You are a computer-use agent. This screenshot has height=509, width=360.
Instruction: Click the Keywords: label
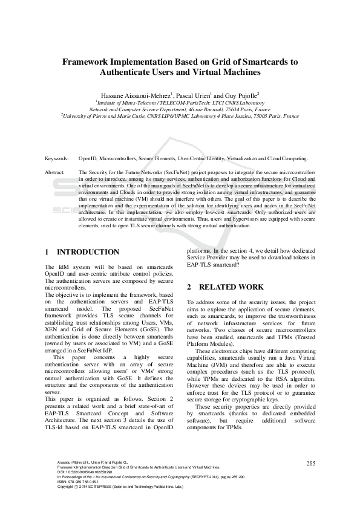[57, 158]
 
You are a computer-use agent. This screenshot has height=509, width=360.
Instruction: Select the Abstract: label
[56, 172]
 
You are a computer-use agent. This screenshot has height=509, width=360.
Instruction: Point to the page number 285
[311, 464]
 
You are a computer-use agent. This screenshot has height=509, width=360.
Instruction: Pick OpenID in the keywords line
[89, 158]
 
